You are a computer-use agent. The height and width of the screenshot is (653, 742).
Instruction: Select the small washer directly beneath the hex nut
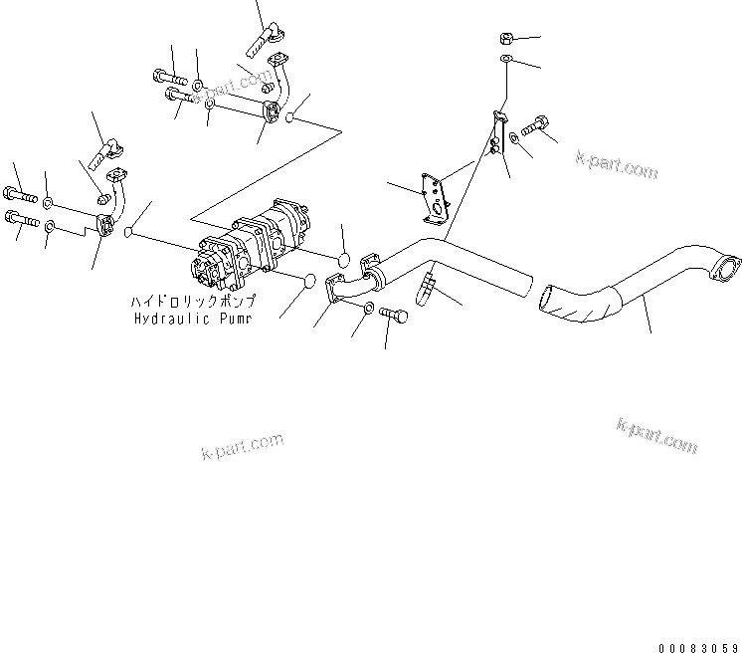507,62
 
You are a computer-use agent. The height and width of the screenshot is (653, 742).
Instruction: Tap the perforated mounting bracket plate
435,195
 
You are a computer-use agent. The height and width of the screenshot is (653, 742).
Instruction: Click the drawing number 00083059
697,642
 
